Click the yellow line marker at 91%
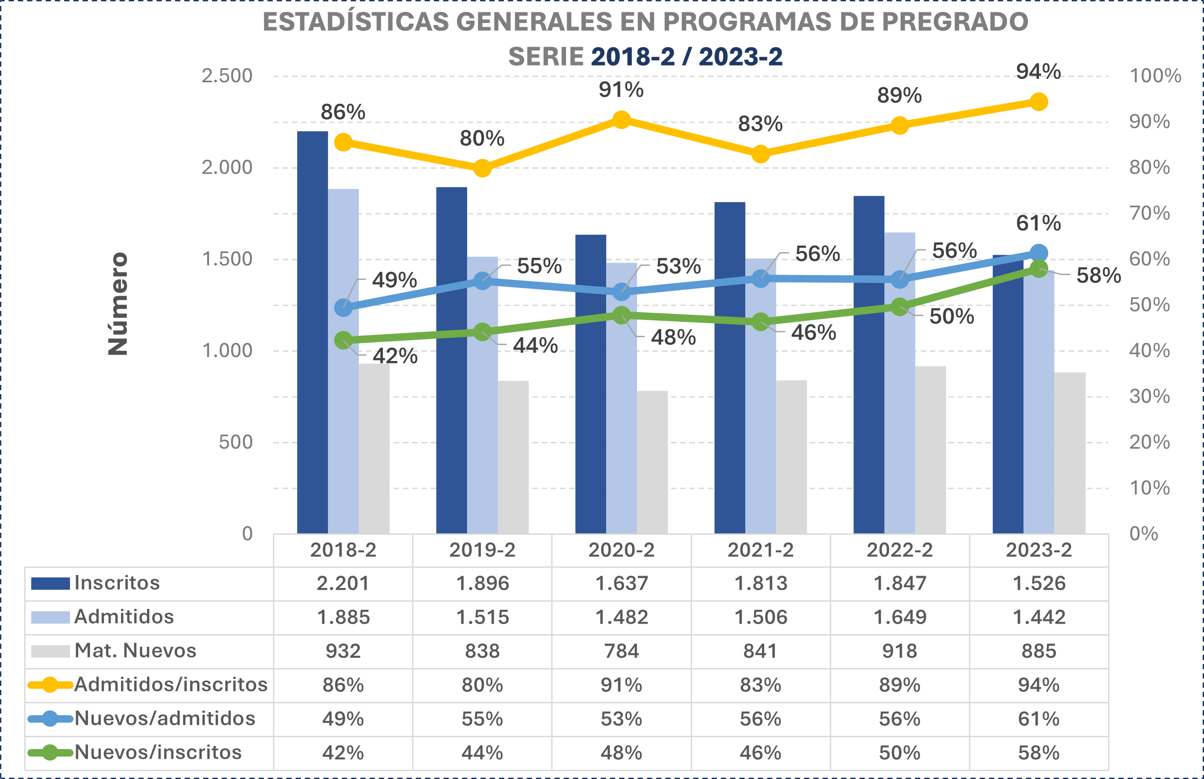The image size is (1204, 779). [621, 120]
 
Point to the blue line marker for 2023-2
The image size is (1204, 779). [1038, 253]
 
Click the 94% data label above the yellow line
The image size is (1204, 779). [1038, 72]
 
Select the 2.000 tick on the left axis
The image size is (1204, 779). [227, 167]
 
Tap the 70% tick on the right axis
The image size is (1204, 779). [1149, 213]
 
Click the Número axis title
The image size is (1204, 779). [118, 304]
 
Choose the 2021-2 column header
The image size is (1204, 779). [760, 550]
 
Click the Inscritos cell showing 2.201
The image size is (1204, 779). [343, 583]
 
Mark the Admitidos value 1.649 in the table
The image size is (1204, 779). [899, 617]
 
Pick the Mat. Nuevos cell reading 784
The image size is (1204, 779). [621, 651]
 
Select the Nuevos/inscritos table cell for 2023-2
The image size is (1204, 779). [1038, 753]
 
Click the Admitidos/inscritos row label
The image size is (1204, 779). [170, 685]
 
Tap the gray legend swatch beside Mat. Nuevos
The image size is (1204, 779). [50, 651]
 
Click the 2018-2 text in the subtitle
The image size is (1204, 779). [632, 57]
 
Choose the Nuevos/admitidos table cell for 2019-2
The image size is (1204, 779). [482, 719]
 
